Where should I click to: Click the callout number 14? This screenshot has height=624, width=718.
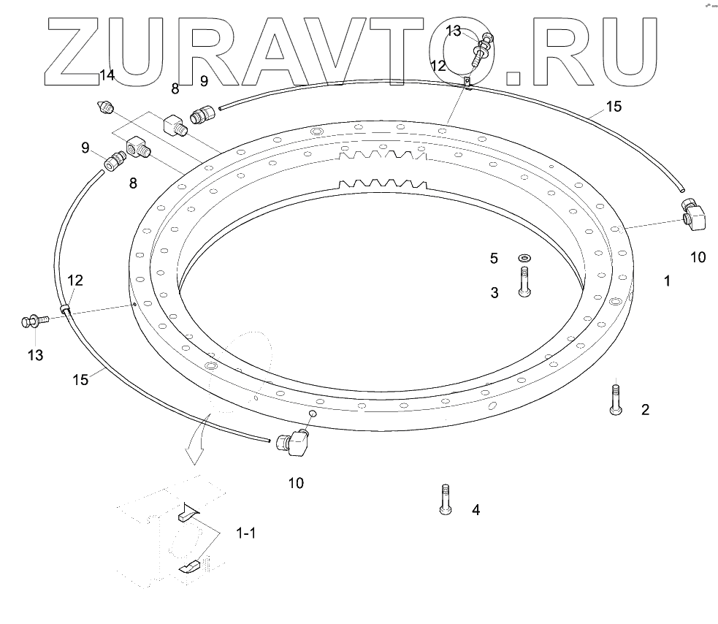[107, 75]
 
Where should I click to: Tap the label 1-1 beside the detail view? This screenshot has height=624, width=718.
[245, 533]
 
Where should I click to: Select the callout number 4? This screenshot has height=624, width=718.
[476, 509]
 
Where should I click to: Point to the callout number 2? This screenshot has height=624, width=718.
[645, 410]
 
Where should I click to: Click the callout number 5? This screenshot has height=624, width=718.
[494, 258]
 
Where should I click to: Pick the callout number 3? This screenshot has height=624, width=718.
[494, 293]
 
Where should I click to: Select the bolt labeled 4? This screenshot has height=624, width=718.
[443, 500]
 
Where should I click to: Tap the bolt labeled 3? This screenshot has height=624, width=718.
[524, 282]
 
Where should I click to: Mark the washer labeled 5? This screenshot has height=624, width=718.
[524, 258]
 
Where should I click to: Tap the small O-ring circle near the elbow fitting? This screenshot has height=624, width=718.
[310, 414]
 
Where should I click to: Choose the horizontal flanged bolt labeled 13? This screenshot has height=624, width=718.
[35, 320]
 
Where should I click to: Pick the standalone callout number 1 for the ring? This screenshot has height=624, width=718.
[666, 281]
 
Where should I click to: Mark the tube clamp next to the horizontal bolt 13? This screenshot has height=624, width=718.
[66, 311]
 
